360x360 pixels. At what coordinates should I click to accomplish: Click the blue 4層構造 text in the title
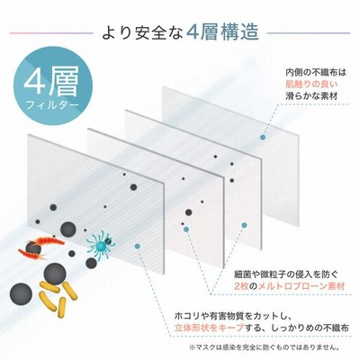click(221, 32)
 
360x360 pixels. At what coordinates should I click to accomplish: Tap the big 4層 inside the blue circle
click(51, 80)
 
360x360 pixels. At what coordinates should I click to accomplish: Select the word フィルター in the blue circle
click(52, 105)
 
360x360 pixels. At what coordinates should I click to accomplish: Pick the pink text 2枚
click(241, 286)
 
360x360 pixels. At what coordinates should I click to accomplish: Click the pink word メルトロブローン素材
click(301, 286)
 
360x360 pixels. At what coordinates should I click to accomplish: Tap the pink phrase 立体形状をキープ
click(210, 328)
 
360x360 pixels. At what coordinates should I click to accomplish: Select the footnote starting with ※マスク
click(265, 348)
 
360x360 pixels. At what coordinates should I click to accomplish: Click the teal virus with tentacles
click(101, 243)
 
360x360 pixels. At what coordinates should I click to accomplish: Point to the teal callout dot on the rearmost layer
click(263, 138)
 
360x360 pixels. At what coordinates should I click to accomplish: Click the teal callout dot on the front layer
click(138, 247)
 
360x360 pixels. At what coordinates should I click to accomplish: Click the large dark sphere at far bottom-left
click(21, 294)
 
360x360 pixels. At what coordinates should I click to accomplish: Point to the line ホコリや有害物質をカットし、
click(232, 316)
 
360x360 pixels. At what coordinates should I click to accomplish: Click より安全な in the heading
click(142, 32)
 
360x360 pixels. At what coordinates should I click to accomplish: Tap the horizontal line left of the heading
click(51, 32)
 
